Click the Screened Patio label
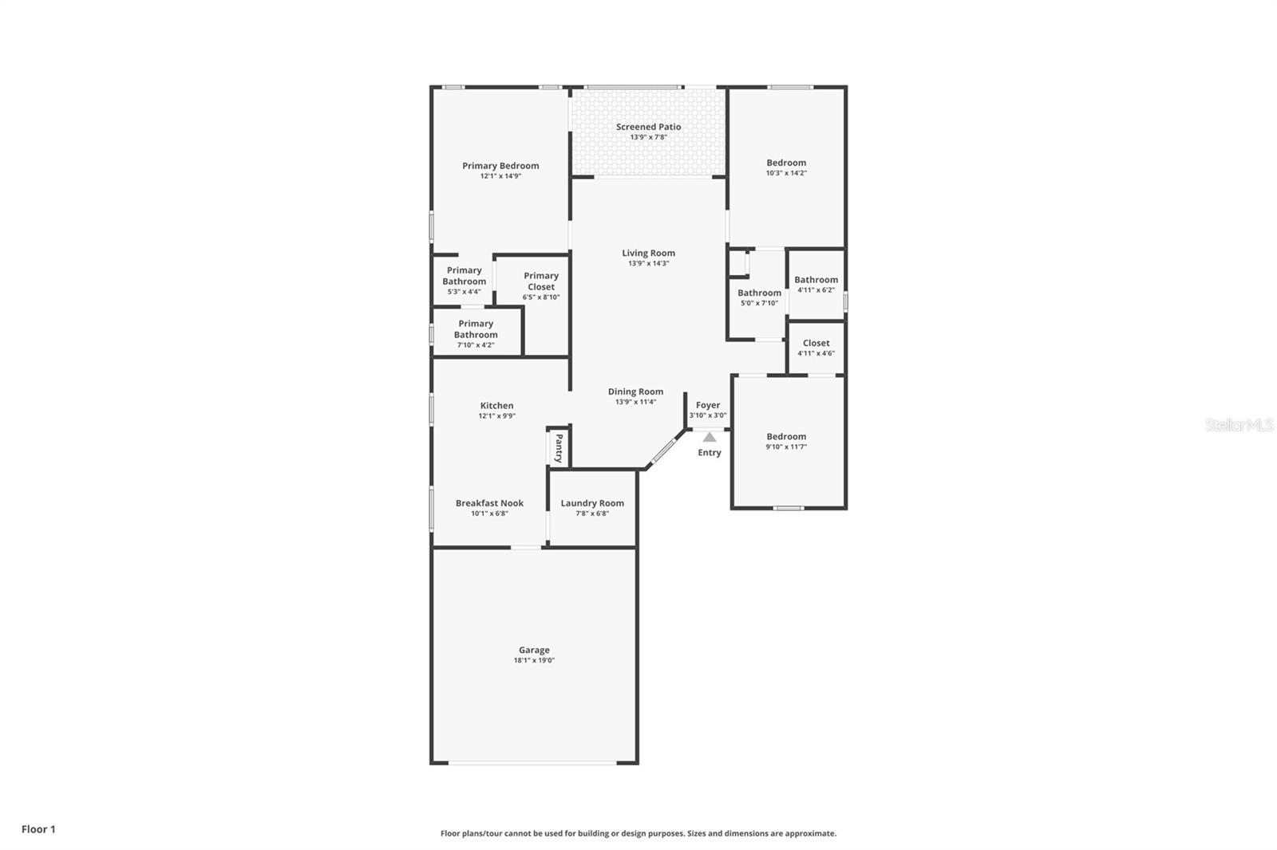[648, 127]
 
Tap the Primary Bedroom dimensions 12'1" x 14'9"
[500, 176]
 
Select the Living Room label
[648, 253]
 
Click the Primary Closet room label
[541, 281]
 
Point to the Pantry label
[559, 448]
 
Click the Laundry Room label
[592, 503]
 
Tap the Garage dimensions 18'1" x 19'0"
[534, 660]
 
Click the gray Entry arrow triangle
[710, 437]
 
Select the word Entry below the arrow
[710, 453]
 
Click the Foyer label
[708, 405]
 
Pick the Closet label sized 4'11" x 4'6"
[816, 343]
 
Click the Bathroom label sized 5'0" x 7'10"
[759, 293]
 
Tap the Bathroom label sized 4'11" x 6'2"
[816, 280]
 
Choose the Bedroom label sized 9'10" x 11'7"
[786, 436]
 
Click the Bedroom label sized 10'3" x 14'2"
[786, 163]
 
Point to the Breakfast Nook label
[489, 503]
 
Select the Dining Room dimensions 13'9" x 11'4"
[635, 402]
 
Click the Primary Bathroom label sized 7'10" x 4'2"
[476, 329]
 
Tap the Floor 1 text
[38, 829]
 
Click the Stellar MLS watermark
[1239, 425]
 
